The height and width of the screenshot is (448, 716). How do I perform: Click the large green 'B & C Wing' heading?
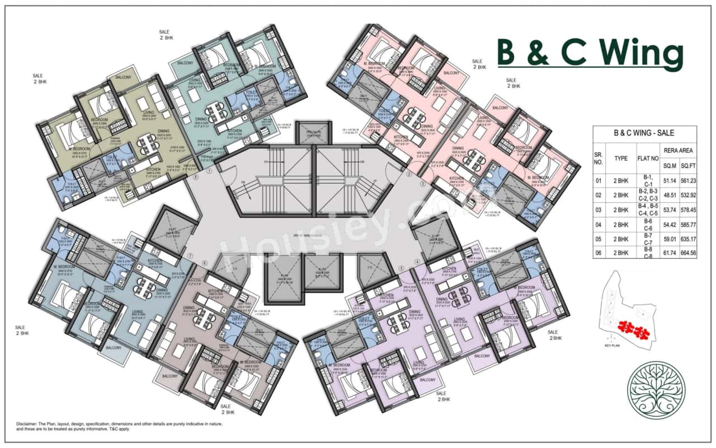click(x=590, y=53)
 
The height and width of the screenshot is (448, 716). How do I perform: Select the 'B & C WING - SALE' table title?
click(x=644, y=133)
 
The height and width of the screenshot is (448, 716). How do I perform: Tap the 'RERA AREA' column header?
click(x=679, y=150)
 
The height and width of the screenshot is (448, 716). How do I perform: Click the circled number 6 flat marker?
click(x=205, y=263)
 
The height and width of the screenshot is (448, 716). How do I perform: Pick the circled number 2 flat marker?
click(x=408, y=175)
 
